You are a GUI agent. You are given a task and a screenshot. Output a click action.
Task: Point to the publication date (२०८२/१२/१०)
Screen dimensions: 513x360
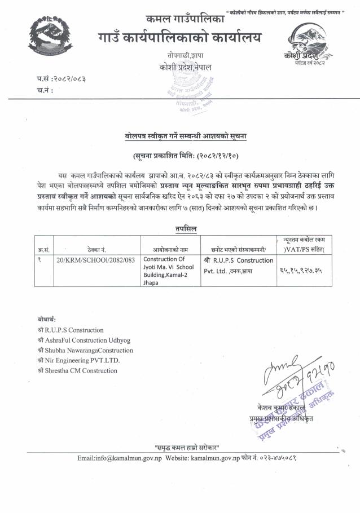180,155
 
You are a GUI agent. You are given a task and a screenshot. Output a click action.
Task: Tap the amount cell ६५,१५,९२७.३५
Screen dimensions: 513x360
303,271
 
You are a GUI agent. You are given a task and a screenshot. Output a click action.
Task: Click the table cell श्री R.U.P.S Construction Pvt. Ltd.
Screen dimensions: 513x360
238,265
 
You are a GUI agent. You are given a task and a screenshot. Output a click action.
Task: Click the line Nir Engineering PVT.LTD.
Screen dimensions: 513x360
78,360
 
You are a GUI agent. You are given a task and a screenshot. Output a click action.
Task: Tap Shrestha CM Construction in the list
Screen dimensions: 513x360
77,370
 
